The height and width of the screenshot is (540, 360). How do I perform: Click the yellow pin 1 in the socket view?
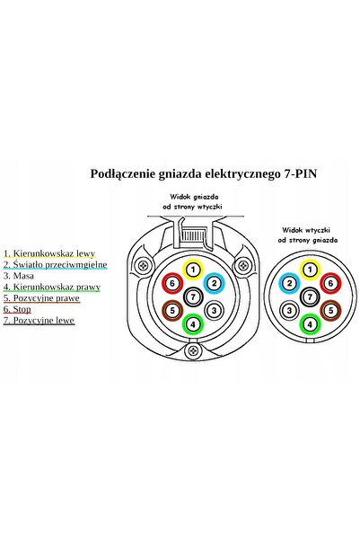coord(193,270)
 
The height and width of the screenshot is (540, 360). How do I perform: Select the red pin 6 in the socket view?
coord(172,283)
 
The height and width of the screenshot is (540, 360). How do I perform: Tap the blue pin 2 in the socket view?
coord(214,283)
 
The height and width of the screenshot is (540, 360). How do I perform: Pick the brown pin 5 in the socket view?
coord(172,310)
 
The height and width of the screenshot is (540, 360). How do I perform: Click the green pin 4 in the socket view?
coord(193,324)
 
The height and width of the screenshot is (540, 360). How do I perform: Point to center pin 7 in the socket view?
coord(193,297)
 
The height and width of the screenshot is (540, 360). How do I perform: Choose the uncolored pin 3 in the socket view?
coord(214,310)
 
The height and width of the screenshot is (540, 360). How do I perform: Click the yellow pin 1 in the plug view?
coord(310,270)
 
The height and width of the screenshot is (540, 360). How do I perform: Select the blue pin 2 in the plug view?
coord(289,283)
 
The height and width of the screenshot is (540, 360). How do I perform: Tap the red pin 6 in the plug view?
coord(330,283)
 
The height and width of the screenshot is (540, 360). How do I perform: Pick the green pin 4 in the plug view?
coord(310,324)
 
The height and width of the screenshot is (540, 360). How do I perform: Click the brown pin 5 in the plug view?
coord(330,310)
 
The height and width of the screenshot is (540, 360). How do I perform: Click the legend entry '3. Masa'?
coord(19,276)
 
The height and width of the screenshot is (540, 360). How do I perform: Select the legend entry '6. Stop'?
coord(17,309)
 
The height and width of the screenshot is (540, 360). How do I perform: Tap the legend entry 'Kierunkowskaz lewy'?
coord(54,253)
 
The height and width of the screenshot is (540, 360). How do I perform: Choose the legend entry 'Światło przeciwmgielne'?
coord(60,264)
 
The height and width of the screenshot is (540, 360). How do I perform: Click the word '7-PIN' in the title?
coord(300,173)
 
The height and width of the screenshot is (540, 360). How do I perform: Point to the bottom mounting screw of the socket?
coord(193,351)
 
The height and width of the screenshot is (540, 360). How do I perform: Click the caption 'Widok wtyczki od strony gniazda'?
coord(307,235)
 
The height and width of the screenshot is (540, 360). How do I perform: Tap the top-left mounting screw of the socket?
coord(143,266)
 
